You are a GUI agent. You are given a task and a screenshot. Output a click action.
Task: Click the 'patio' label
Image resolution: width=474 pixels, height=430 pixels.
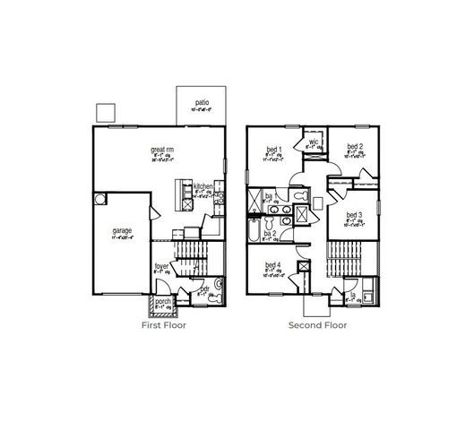[x=203, y=103]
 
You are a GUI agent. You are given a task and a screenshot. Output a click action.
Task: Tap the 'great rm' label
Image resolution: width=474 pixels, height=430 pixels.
[x=161, y=150]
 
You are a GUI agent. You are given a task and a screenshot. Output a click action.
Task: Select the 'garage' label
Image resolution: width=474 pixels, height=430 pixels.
[x=122, y=230]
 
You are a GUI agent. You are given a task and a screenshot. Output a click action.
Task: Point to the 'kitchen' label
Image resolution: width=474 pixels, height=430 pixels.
[x=203, y=187]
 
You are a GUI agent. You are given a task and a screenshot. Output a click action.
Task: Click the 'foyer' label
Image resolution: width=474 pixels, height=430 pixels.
[x=162, y=265]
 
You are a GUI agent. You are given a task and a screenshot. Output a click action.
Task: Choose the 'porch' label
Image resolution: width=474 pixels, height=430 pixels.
[x=163, y=302]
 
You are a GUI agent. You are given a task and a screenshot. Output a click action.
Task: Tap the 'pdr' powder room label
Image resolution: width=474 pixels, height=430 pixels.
[x=204, y=289]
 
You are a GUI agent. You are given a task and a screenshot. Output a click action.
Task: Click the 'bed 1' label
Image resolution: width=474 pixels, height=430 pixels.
[x=274, y=149]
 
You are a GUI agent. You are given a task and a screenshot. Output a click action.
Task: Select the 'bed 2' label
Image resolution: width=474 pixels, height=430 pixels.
[x=355, y=146]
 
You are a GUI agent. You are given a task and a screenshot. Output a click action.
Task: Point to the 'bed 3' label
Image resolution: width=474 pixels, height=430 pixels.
[x=354, y=215]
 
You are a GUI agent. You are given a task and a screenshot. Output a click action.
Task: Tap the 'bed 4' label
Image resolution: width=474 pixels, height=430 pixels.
[x=272, y=265]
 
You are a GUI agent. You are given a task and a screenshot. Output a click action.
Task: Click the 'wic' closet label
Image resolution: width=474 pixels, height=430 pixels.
[x=315, y=142]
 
